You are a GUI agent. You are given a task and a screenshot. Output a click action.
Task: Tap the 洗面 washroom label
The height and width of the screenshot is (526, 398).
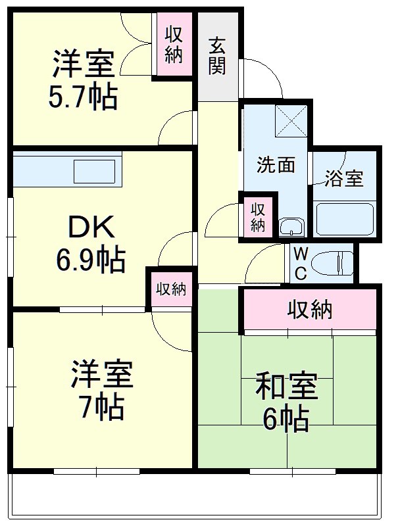275,164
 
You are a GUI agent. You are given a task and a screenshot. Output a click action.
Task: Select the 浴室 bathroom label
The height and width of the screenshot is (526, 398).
344,179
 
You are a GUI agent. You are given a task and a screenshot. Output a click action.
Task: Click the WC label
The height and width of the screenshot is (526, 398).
300,264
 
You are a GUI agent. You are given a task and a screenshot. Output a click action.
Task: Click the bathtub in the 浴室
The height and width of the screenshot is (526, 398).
344,219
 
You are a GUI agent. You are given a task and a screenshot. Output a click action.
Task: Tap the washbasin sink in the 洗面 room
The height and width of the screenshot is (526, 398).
291,227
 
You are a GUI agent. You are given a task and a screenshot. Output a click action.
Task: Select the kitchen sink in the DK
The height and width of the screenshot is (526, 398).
93,172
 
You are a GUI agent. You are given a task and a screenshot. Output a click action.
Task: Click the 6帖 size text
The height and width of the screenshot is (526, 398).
286,419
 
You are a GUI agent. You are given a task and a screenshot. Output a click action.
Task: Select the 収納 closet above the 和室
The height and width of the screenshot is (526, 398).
309,309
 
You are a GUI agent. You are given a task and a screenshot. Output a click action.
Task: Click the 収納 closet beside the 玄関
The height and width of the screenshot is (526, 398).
173,44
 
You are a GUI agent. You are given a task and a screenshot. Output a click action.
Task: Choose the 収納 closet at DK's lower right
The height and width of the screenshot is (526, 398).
170,289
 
